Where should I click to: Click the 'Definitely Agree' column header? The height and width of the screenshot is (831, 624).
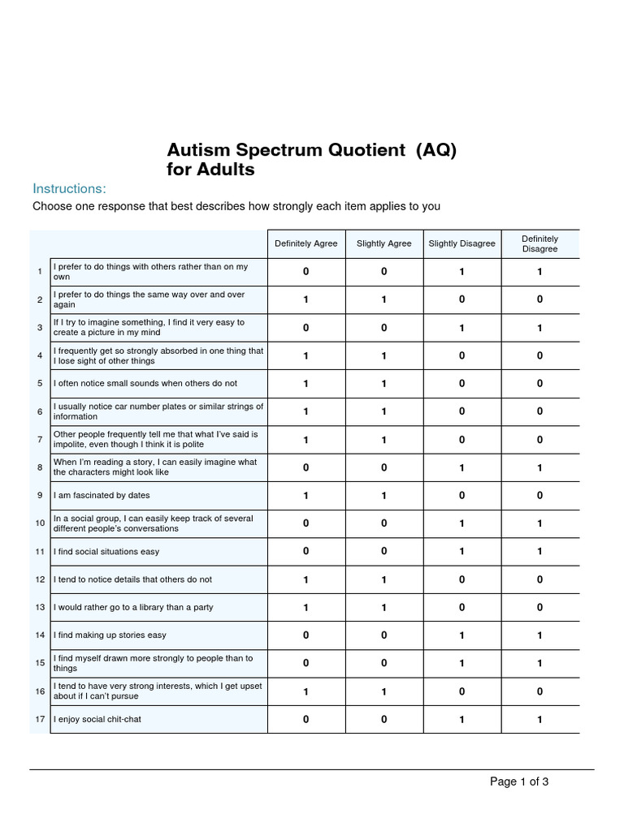[305, 243]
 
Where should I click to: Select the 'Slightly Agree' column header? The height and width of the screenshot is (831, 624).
[383, 243]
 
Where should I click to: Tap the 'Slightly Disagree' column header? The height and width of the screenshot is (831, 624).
[461, 243]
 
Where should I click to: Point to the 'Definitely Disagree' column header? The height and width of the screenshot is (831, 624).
[539, 243]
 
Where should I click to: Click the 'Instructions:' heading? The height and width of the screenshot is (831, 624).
[69, 188]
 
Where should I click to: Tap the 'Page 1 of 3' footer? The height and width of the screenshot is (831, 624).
[519, 781]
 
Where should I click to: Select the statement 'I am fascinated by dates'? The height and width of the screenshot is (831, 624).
[102, 495]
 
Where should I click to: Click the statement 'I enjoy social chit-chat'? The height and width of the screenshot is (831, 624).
[97, 719]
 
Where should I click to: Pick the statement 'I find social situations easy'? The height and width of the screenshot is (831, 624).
[106, 552]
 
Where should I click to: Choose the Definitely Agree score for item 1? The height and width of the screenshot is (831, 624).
[305, 272]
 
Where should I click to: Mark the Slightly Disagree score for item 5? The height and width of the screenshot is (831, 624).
[461, 383]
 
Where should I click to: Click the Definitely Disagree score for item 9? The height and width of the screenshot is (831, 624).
[539, 495]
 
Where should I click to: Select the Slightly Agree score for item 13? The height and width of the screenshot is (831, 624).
[383, 607]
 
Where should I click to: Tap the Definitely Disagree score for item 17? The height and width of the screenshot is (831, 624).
[539, 719]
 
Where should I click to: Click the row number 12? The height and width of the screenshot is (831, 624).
[40, 579]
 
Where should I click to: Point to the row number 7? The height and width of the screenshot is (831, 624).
[40, 439]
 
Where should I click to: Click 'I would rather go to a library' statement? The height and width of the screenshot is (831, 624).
[133, 607]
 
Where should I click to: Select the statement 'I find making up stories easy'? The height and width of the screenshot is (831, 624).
[110, 635]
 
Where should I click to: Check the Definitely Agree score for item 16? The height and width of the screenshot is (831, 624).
[305, 691]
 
